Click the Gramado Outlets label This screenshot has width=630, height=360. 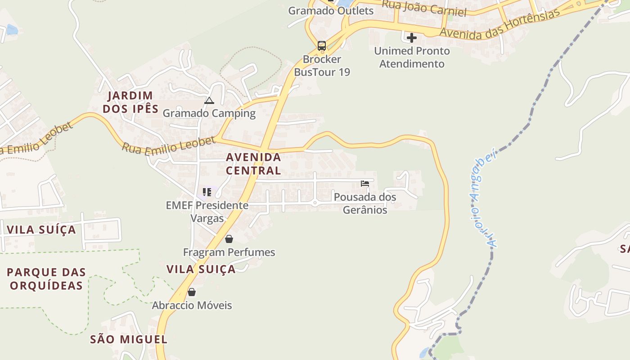click(331, 10)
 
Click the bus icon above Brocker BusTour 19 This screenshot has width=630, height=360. click(321, 45)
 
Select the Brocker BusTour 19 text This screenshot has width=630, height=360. click(322, 66)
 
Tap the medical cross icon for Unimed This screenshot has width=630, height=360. click(411, 38)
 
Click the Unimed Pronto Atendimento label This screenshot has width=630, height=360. click(412, 57)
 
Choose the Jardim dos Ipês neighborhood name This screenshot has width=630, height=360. click(130, 102)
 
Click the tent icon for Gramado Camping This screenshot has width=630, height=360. click(209, 101)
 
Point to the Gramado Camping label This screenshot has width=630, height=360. click(209, 113)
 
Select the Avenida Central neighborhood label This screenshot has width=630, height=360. click(253, 164)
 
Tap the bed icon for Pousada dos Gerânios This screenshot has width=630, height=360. click(365, 184)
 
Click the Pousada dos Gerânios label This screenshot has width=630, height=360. click(365, 203)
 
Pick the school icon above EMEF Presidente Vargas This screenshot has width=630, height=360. click(207, 193)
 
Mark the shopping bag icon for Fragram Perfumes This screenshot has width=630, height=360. click(229, 239)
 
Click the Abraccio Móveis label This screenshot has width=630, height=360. click(192, 306)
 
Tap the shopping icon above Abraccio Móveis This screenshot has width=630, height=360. click(192, 292)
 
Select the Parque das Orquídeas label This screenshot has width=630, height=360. click(46, 279)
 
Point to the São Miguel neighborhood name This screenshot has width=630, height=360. click(129, 339)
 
